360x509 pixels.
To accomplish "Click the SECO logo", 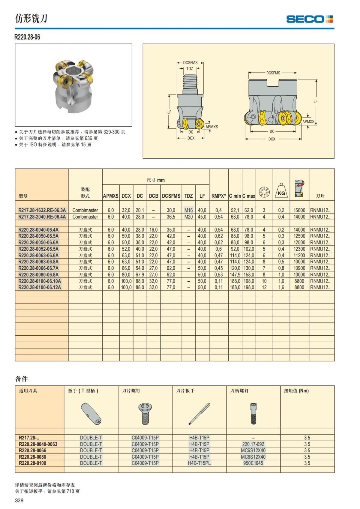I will [309, 19].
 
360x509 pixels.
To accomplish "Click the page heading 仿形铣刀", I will [31, 19].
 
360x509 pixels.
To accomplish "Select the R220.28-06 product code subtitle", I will [27, 37].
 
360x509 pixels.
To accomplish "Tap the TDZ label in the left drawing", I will [190, 69].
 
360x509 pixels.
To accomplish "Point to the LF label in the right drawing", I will [315, 101].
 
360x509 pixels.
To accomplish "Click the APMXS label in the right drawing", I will [308, 121].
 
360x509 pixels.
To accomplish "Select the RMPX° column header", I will [218, 196].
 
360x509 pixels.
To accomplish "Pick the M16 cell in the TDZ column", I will [188, 210].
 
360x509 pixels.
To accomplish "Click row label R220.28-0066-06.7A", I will [38, 268].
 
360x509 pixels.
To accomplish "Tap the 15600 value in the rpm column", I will [299, 210].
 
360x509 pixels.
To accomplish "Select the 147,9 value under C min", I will [235, 274].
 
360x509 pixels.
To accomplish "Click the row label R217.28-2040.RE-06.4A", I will [42, 217].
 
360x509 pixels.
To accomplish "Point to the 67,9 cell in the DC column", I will [140, 274].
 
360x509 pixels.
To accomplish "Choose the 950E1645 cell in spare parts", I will [253, 463].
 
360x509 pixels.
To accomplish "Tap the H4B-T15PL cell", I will [199, 463].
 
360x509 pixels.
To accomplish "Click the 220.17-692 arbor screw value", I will [253, 444].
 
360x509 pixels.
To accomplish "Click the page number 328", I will [19, 500].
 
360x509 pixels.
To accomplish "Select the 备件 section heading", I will [21, 379].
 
